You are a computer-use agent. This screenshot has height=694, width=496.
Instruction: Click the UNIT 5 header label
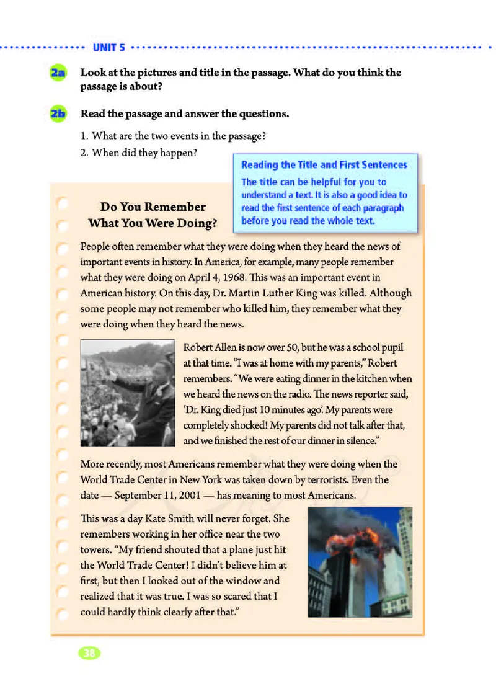point(109,47)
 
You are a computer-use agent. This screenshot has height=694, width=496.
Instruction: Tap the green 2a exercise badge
point(59,73)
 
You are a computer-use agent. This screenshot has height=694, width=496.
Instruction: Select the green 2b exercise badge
point(59,114)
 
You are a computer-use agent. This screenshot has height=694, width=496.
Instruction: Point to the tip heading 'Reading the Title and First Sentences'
point(324,165)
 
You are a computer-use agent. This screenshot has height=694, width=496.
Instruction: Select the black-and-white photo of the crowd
point(128,393)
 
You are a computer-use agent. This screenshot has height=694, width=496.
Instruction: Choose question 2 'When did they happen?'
point(144,152)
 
